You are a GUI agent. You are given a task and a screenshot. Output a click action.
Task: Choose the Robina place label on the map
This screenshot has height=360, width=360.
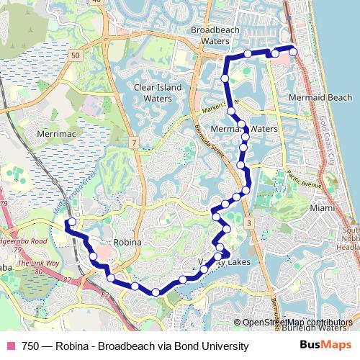point(127,243)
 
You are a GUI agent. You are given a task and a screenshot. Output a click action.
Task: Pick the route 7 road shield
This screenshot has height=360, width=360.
point(135,144)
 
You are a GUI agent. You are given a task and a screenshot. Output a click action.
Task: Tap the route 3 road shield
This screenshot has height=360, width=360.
point(249,225)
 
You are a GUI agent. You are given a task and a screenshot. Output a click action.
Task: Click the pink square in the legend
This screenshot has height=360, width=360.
point(11,346)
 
